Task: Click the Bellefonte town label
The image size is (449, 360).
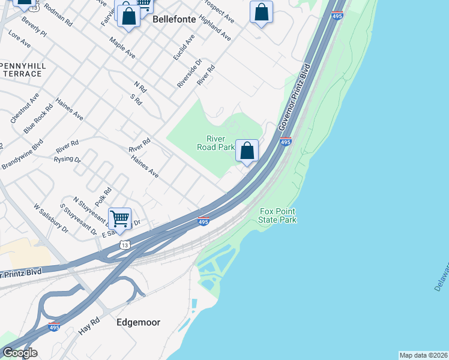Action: pos(174,19)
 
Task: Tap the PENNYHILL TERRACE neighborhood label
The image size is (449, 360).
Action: pos(22,69)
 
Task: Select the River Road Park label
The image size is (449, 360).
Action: pos(216,142)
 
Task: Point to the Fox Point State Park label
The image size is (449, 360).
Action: pos(277,215)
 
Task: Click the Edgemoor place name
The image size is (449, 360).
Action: pos(139,322)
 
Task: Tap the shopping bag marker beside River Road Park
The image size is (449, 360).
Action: pos(247,151)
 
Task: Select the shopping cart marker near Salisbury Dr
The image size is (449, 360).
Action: pos(120,219)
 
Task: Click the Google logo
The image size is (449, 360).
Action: pos(19,353)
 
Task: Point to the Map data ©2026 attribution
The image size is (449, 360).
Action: pos(423,355)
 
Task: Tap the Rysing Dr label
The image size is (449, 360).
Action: pos(67,160)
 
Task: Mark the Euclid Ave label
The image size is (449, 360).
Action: pos(184,47)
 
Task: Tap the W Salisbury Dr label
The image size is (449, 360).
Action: pos(51,219)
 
